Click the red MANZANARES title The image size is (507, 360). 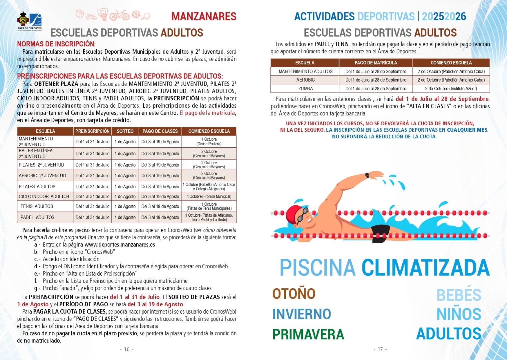(x=204, y=16)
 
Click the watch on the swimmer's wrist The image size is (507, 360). (x=367, y=175)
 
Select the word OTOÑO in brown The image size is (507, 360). (x=294, y=294)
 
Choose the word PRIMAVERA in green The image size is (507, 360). (x=308, y=334)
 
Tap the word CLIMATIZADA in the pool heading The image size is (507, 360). (x=425, y=267)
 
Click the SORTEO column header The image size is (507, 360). (x=125, y=131)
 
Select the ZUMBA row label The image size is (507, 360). (x=305, y=89)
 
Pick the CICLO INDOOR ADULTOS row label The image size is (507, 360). (x=44, y=197)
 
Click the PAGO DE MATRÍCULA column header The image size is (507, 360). (x=376, y=63)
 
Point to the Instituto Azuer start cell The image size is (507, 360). (x=451, y=89)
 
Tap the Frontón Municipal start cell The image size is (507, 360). (x=209, y=197)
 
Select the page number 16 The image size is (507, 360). (x=127, y=350)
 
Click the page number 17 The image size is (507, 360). (x=380, y=350)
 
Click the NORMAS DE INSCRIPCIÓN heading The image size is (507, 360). (x=56, y=44)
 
